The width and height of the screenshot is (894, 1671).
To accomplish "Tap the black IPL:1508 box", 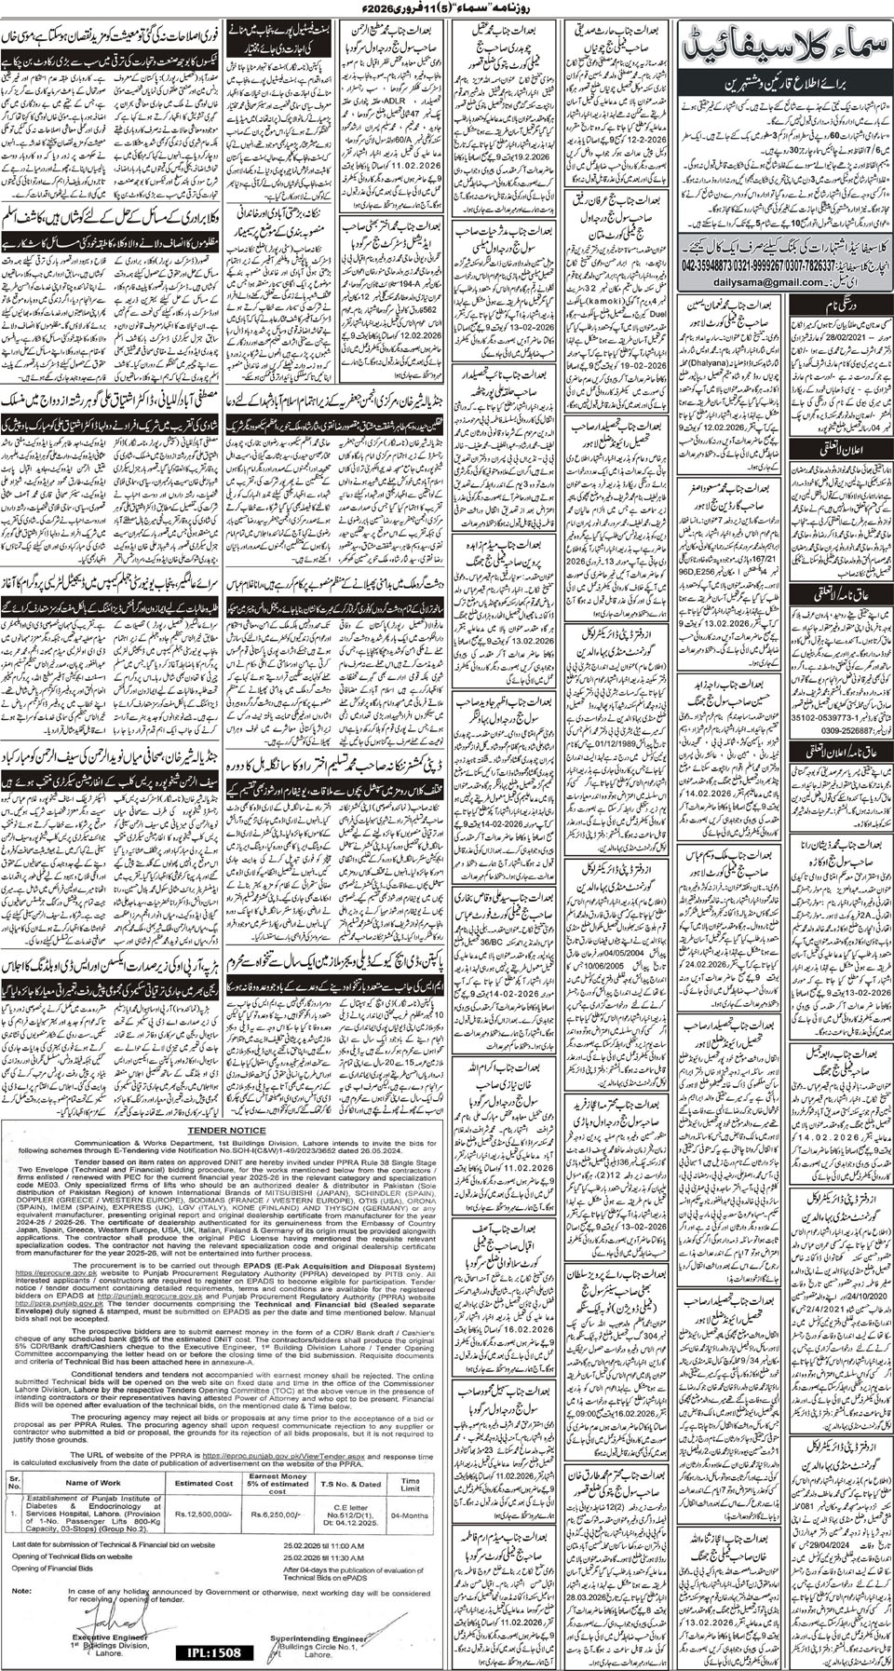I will tap(213, 1651).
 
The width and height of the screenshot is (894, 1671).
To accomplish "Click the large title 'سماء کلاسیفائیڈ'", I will tap(788, 43).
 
